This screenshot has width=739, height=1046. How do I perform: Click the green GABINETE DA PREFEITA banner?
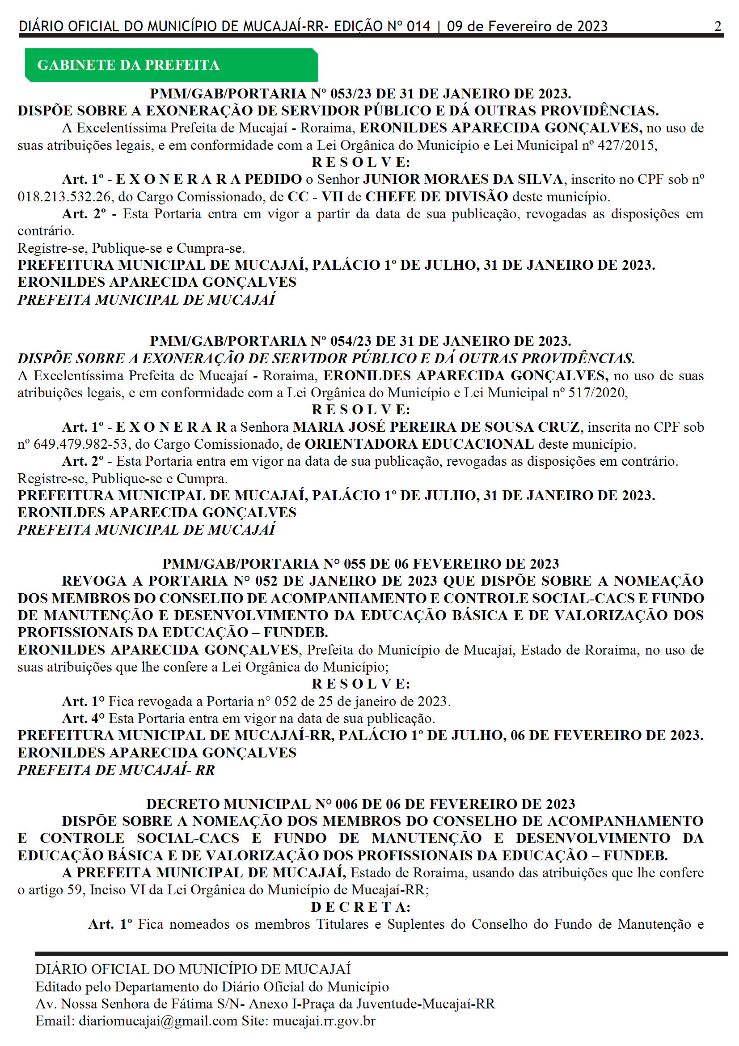click(171, 65)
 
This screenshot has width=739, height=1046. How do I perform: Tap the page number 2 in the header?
click(718, 26)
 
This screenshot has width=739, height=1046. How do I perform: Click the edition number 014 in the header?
click(418, 26)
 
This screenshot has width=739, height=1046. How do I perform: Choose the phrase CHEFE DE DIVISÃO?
click(437, 197)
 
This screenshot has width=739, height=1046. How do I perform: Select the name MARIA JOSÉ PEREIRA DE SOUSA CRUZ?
click(436, 427)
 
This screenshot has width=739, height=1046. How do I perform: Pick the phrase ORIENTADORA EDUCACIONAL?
click(419, 444)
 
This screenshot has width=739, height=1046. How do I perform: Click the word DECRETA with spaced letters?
click(360, 907)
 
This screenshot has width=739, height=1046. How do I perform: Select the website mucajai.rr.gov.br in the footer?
click(324, 1021)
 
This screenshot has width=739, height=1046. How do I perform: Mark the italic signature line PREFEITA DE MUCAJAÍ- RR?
click(116, 770)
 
